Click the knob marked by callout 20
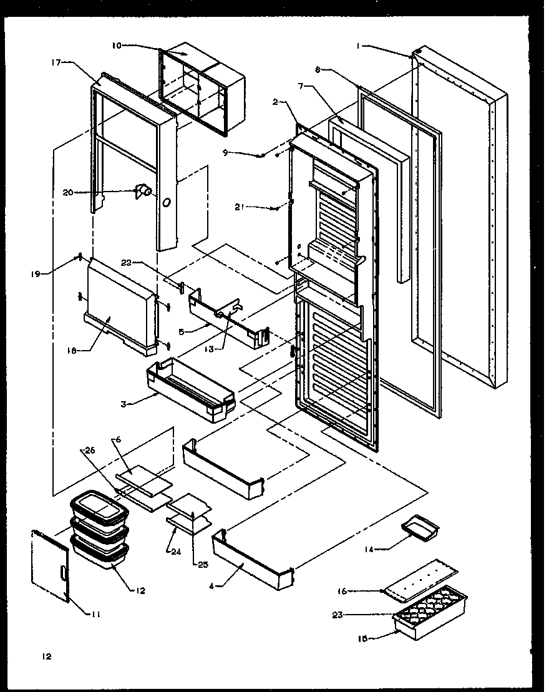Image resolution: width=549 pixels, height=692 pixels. click(142, 191)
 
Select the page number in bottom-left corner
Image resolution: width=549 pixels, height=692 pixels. click(46, 656)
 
